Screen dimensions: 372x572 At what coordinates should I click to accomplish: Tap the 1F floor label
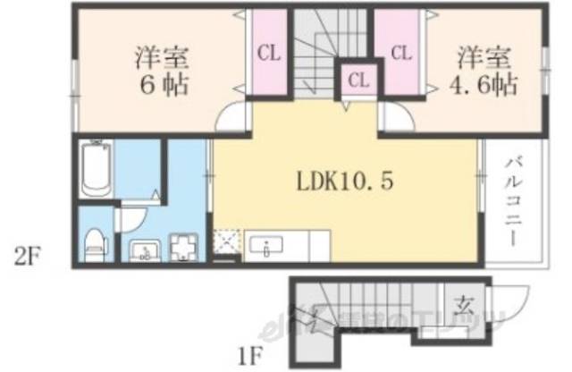click(x=249, y=354)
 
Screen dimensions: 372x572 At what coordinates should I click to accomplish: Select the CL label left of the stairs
click(x=269, y=53)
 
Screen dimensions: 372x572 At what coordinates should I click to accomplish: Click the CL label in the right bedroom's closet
click(x=400, y=53)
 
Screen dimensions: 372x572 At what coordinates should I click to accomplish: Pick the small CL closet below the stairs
click(x=358, y=81)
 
